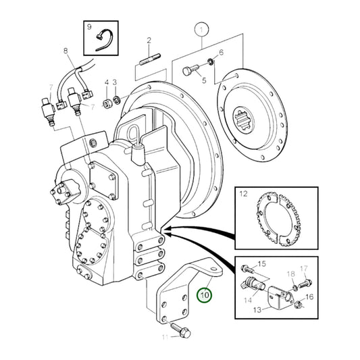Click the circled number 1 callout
[201, 29]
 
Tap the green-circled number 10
[203, 294]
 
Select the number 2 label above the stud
[149, 42]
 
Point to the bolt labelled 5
[192, 70]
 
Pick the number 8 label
[66, 51]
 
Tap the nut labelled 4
[107, 102]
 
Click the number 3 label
[115, 83]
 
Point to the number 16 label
[309, 297]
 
